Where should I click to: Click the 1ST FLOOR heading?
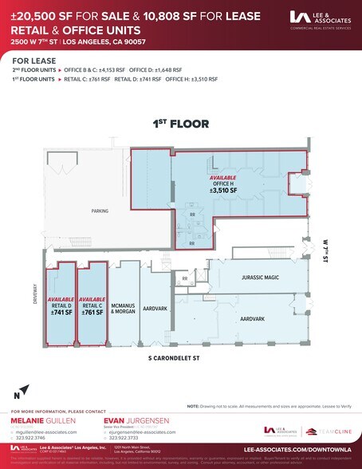point(181,124)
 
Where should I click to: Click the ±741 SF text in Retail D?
point(61,312)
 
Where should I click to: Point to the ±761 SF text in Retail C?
point(92,312)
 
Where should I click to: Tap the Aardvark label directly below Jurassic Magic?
point(252,317)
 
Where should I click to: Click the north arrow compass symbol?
point(22,390)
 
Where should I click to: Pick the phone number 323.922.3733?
point(126,437)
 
